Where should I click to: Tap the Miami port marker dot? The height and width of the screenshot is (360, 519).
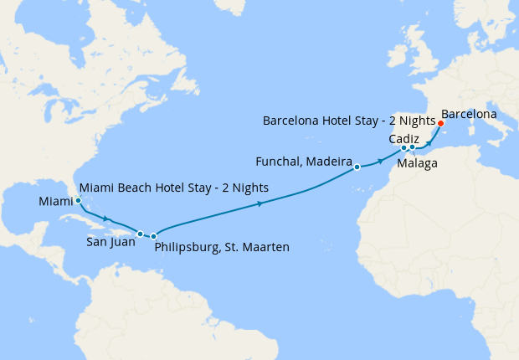78,201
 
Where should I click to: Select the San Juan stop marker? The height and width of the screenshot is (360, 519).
141,234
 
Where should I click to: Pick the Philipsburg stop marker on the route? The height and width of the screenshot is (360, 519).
154,237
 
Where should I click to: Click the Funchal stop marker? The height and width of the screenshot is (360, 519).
357,167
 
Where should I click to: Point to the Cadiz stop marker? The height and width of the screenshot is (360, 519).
404,148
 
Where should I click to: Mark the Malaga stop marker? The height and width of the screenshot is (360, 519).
413,148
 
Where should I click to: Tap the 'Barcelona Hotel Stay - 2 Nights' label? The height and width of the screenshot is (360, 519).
349,121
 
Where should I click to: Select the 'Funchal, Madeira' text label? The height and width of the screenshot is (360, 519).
302,160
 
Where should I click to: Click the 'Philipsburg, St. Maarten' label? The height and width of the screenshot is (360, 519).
222,247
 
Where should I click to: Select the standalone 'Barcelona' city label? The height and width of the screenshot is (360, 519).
469,113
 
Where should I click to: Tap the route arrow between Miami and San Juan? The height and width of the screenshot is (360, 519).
105,219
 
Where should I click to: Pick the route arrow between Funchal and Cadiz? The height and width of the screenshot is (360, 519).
381,159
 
